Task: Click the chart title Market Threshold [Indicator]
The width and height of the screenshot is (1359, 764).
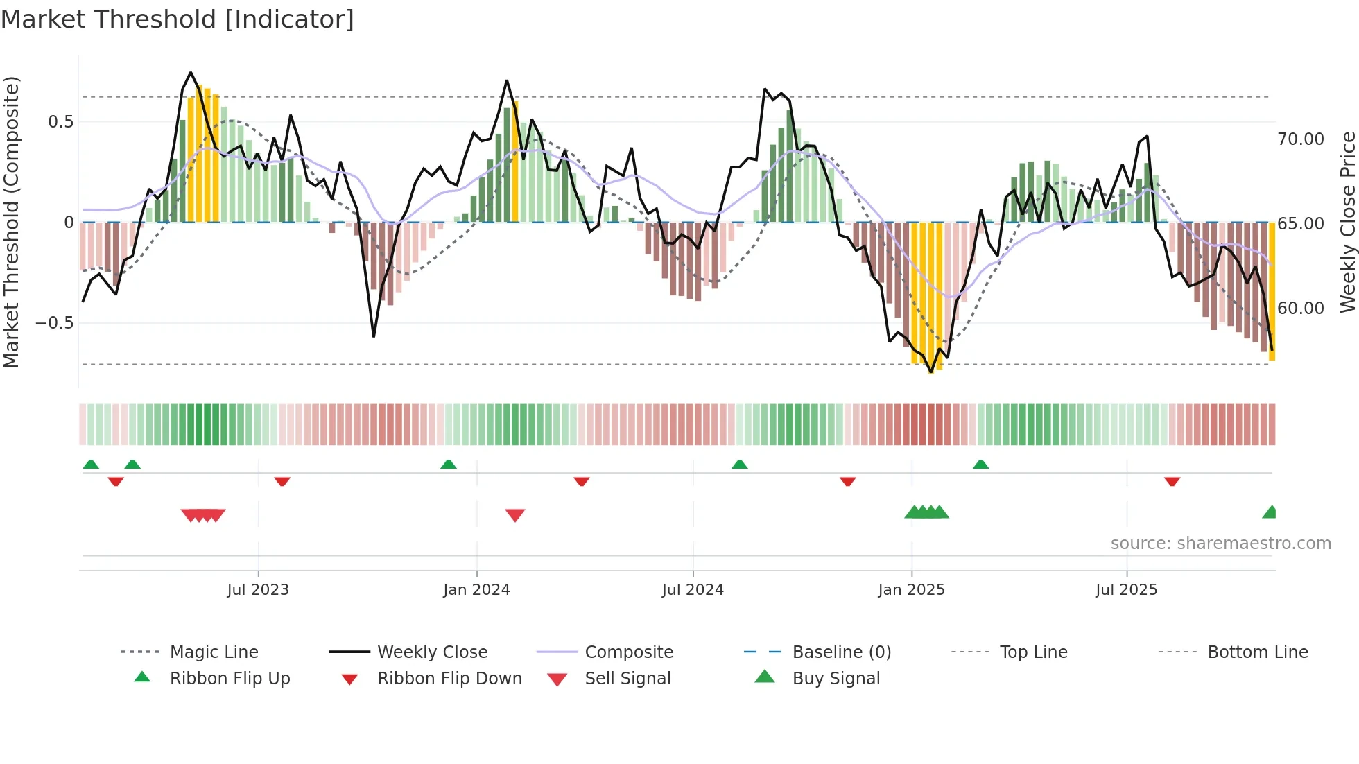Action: click(178, 19)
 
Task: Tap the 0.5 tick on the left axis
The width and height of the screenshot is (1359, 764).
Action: click(60, 122)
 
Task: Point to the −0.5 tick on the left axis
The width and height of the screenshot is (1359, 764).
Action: click(54, 323)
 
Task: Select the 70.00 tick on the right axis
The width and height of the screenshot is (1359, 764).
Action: click(1301, 139)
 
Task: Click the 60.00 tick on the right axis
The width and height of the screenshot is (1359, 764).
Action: click(1301, 309)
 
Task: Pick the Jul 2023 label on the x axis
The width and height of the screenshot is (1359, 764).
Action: click(258, 590)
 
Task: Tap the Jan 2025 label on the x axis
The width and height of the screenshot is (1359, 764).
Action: click(911, 590)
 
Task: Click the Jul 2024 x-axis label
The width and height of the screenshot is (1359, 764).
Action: click(693, 590)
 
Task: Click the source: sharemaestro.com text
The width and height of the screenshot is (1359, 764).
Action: click(1220, 544)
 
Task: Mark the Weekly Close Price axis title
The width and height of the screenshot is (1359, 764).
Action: click(1347, 222)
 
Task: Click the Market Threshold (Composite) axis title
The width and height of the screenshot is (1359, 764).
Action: click(11, 222)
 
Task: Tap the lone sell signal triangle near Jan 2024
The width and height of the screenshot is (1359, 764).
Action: click(515, 515)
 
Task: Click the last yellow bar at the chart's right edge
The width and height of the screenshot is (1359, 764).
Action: click(1272, 291)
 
